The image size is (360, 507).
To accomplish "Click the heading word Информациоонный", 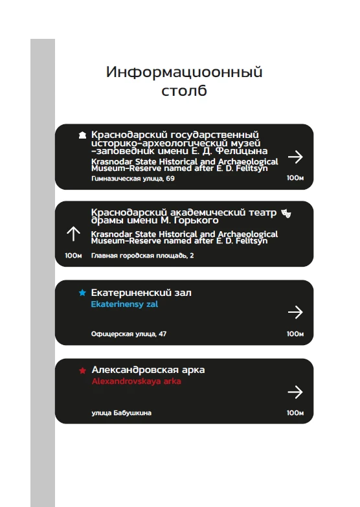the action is pos(184,72).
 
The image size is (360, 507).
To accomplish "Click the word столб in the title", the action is pos(184,91).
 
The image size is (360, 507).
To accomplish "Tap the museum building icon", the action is pos(82,135).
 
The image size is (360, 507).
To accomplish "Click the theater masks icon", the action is pos(286,212).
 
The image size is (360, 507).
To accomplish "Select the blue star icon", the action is pos(82,293).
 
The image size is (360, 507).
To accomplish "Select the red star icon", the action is pos(82,370).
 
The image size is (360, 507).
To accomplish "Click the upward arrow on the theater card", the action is pos(73,234).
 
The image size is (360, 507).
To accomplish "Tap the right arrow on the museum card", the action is pos(295,156).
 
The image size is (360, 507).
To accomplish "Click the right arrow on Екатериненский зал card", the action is pos(295,313).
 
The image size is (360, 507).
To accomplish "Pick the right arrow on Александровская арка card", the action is pos(295,392).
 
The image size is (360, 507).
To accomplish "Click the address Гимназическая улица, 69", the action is pos(133,178).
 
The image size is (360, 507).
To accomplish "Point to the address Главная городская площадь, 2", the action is pos(142,256).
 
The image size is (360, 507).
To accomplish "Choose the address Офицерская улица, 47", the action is pos(129,334).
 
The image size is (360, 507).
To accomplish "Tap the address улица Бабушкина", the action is pos(121,412).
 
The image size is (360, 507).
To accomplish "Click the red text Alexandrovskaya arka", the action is pos(136,381).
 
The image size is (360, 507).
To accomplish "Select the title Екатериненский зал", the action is pos(141,293).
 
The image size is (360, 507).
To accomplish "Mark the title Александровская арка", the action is pos(148,370).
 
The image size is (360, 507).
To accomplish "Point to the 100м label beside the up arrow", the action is pos(73,256).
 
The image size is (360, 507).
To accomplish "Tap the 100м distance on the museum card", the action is pos(295,178).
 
